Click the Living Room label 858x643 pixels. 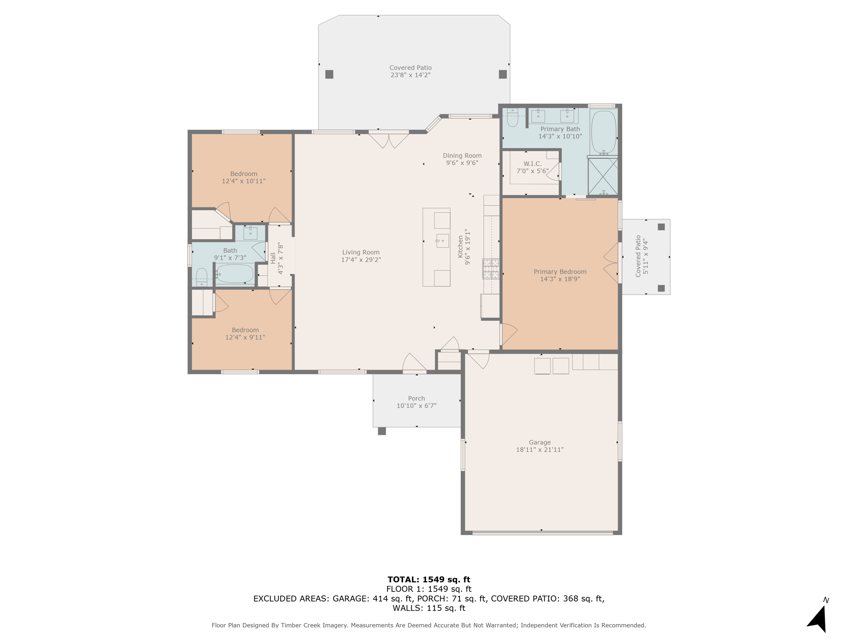[361, 252]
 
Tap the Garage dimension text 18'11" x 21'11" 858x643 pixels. [540, 450]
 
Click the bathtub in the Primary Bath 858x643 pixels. [603, 132]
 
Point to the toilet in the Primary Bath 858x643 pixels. [512, 117]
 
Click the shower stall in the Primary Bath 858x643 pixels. [603, 176]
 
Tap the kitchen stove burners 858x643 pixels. [491, 269]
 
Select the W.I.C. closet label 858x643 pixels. [532, 164]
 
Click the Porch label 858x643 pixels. [416, 399]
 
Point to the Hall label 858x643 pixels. [273, 257]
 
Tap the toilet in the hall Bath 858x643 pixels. [202, 277]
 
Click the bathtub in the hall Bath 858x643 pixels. [235, 274]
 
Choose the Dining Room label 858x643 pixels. [462, 156]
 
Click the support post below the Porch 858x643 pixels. [382, 431]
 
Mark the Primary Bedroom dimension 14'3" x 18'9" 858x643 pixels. [560, 279]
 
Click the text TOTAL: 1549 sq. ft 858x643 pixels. [429, 580]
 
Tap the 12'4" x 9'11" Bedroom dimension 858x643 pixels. [245, 337]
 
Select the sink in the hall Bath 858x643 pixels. [251, 233]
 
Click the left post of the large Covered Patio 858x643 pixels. [329, 74]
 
